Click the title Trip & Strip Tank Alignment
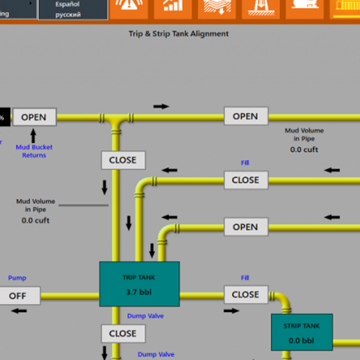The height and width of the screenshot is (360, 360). click(x=178, y=34)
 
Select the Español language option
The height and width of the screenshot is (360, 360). click(x=68, y=4)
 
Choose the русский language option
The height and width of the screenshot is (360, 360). click(x=68, y=14)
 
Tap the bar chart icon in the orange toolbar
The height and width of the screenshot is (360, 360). click(x=172, y=7)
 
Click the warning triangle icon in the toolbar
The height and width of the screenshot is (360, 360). click(x=128, y=7)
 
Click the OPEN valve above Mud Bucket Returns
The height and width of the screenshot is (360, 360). click(x=34, y=117)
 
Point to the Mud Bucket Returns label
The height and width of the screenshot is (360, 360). click(x=34, y=151)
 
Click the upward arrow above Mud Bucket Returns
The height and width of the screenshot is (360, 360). click(x=33, y=136)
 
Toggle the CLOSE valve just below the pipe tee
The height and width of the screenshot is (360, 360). click(x=123, y=160)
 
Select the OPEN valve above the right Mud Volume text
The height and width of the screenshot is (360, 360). click(x=245, y=116)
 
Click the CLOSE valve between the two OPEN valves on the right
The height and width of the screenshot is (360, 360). click(x=245, y=180)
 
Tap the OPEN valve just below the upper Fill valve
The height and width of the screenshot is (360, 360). click(x=245, y=227)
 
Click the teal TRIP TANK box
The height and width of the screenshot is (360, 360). click(x=139, y=283)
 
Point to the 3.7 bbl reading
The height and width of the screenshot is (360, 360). click(x=139, y=293)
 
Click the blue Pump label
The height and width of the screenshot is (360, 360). click(x=17, y=278)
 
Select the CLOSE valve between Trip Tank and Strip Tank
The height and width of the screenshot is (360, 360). click(x=245, y=295)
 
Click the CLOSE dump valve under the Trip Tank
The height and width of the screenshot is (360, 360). click(x=123, y=333)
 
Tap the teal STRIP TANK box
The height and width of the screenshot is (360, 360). click(x=302, y=332)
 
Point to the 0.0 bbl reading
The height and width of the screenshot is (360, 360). click(x=302, y=340)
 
